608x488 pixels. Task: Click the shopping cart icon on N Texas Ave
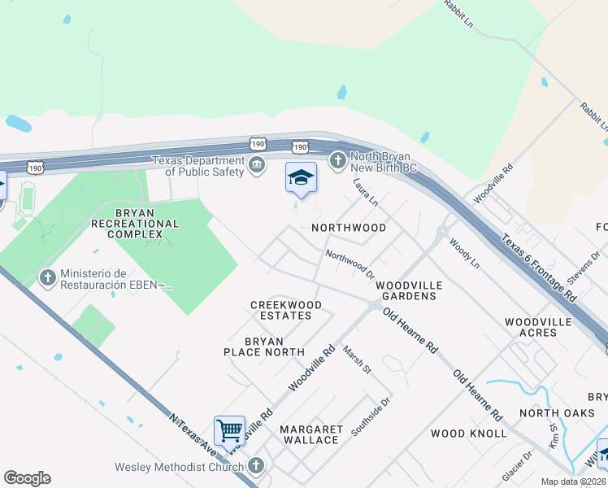tap(230, 430)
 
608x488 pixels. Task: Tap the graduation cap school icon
tap(301, 178)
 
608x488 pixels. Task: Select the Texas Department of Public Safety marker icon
tap(257, 166)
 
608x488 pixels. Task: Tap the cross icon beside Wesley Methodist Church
tap(256, 466)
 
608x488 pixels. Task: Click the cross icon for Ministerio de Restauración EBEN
tap(47, 278)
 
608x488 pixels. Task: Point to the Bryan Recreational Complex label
tap(135, 223)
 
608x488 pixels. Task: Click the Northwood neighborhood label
tap(350, 228)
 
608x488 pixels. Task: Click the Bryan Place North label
tap(263, 346)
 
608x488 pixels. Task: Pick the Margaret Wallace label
tap(309, 434)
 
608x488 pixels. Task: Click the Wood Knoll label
tap(469, 434)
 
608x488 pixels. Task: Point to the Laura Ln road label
tap(366, 192)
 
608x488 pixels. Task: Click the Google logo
tap(28, 478)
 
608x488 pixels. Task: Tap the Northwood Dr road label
tap(350, 266)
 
